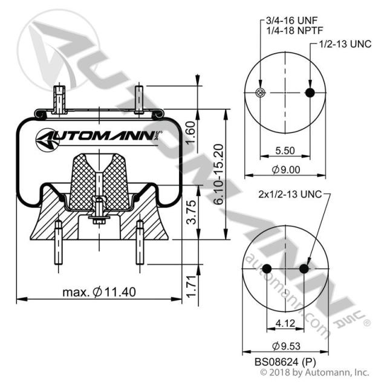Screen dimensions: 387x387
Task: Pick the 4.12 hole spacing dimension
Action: point(285,323)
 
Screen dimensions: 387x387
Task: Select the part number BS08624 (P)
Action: point(284,362)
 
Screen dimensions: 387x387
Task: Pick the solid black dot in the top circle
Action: point(310,93)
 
